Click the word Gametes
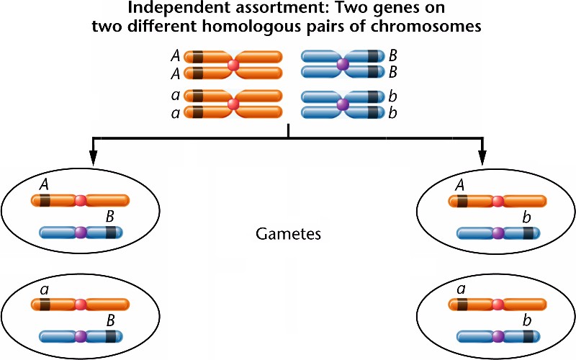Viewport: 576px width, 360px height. click(x=288, y=235)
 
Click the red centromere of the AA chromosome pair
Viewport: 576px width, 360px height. click(x=233, y=65)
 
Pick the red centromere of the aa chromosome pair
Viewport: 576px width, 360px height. click(x=233, y=104)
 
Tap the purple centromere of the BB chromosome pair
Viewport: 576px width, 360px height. click(x=343, y=65)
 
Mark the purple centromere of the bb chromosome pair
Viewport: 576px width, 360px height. click(x=343, y=104)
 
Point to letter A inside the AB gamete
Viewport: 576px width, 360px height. click(x=44, y=186)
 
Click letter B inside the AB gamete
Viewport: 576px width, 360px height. click(x=110, y=217)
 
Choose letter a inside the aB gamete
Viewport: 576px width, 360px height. click(x=44, y=289)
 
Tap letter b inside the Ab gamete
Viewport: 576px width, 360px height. click(x=528, y=217)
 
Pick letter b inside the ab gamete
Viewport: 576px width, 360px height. click(x=528, y=320)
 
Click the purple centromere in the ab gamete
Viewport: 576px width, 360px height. click(x=498, y=336)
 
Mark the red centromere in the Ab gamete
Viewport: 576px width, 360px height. click(x=498, y=202)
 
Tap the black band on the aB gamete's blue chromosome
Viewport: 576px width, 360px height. click(x=111, y=336)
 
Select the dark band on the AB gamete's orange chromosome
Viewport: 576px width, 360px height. click(x=45, y=202)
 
